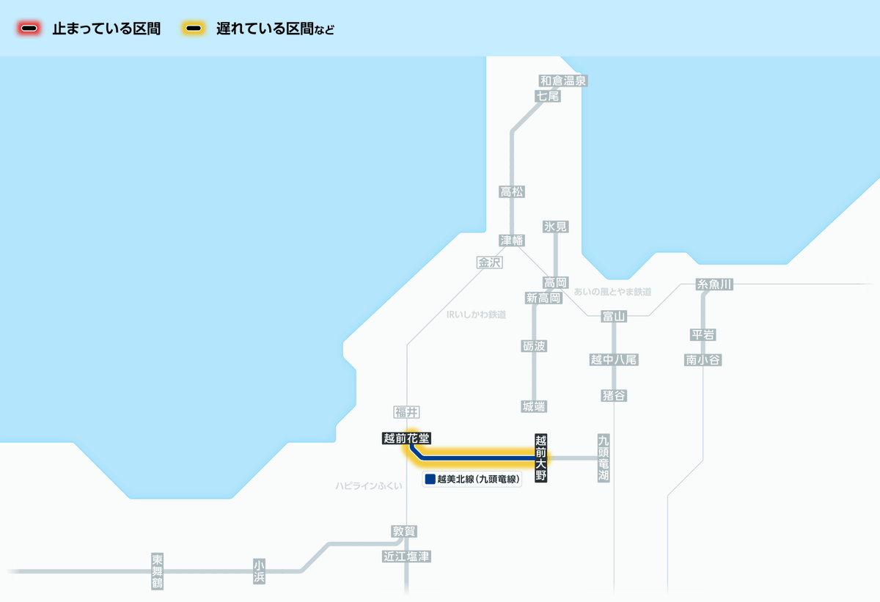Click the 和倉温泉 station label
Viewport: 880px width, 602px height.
[x=563, y=81]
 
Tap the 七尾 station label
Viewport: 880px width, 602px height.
[x=548, y=96]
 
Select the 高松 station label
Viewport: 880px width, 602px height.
[x=512, y=192]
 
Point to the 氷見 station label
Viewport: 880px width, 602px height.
[x=556, y=227]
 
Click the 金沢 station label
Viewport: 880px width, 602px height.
[x=490, y=263]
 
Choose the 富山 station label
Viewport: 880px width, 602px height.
[x=614, y=316]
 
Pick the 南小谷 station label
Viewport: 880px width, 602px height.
[x=703, y=360]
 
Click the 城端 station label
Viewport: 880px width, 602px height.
[x=534, y=406]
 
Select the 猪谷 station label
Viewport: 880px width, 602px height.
[x=614, y=396]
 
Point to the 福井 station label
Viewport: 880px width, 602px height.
[x=406, y=412]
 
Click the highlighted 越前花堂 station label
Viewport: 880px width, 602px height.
[x=406, y=438]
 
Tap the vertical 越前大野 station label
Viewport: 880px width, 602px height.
[x=541, y=458]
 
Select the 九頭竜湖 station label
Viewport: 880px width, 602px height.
[x=604, y=458]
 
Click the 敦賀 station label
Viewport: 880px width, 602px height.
[x=405, y=532]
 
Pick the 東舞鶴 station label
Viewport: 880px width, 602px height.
[x=158, y=571]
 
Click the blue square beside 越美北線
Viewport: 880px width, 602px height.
[x=430, y=480]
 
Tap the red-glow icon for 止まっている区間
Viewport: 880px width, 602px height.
[x=30, y=29]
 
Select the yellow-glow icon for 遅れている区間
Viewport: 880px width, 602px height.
[x=194, y=29]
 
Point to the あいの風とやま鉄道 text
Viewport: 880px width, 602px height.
[x=612, y=292]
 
